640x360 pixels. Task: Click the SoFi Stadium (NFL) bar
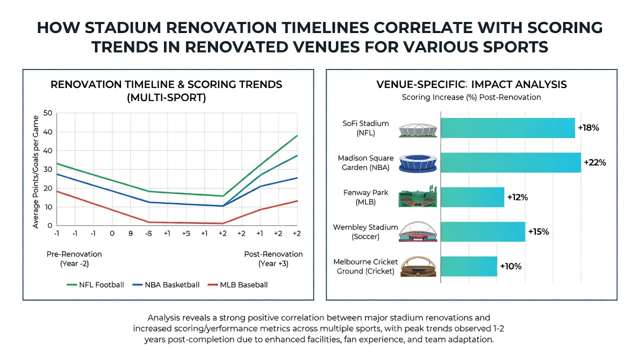coord(507,128)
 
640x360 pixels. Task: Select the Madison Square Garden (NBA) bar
coord(511,162)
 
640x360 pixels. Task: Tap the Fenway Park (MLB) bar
coord(472,197)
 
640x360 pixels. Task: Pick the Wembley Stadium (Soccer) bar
coord(483,231)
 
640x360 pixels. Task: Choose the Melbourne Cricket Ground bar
coord(469,266)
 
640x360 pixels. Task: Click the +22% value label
coord(595,162)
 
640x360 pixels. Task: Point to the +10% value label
coord(511,266)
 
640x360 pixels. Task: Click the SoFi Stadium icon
coord(417,130)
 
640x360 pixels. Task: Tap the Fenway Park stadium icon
coord(417,196)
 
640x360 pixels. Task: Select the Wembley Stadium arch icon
coord(417,231)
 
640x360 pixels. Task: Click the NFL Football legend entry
coord(95,285)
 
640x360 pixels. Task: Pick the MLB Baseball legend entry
coord(237,285)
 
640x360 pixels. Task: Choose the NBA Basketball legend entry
coord(166,285)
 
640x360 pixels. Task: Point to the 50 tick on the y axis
coord(47,113)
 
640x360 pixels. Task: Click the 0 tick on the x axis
coord(112,233)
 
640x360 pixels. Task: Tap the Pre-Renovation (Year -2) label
coord(74,259)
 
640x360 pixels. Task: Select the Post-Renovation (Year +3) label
coord(273,259)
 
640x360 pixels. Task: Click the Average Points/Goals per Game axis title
coord(35,171)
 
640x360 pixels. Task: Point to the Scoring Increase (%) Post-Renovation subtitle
coord(471,97)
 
